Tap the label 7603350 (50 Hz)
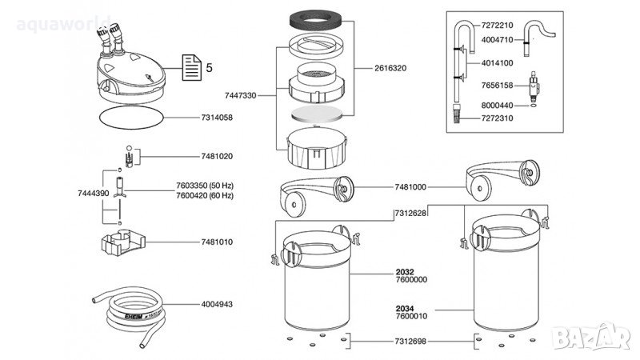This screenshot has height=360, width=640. (x=205, y=186)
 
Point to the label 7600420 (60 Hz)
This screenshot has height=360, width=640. (x=205, y=195)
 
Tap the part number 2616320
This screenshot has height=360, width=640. (x=390, y=69)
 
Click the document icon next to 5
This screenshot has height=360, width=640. (x=190, y=66)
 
